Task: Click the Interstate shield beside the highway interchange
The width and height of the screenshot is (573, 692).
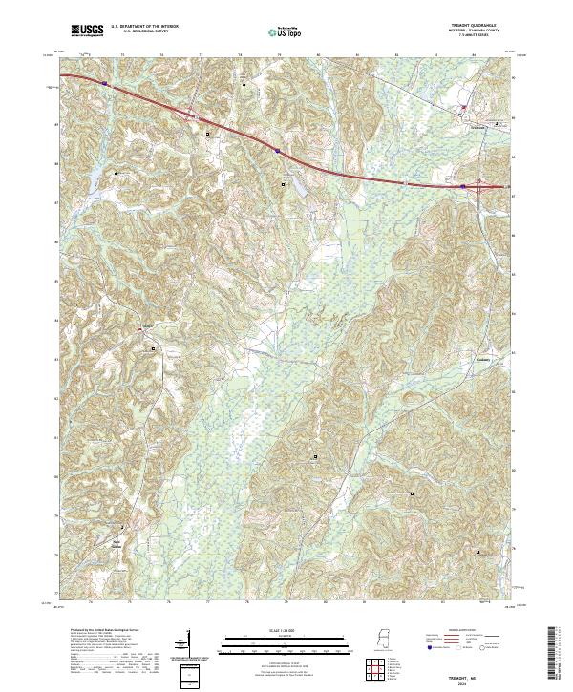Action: click(x=463, y=186)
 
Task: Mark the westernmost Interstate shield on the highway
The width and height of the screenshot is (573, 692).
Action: click(x=104, y=85)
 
